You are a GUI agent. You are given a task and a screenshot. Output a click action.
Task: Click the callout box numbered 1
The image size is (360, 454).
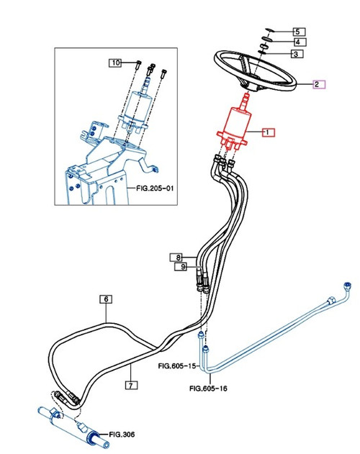click(x=267, y=132)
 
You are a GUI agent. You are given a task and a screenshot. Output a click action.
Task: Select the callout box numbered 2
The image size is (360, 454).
click(x=318, y=84)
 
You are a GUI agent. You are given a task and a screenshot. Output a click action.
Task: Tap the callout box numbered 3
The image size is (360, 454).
click(x=297, y=54)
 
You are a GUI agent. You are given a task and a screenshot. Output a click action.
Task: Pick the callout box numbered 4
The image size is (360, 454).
click(x=297, y=42)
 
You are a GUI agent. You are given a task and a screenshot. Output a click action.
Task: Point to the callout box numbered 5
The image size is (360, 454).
click(x=297, y=32)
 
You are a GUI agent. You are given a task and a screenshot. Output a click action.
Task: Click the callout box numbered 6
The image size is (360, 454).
click(x=106, y=299)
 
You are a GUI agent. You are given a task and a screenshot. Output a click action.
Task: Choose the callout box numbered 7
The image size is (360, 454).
click(x=131, y=386)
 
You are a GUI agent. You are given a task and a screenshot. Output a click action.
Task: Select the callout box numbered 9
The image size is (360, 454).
click(x=183, y=267)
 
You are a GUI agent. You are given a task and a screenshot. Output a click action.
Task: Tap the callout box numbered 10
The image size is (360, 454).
click(x=115, y=63)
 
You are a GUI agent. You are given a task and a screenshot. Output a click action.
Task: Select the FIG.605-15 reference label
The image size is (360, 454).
click(x=176, y=366)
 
